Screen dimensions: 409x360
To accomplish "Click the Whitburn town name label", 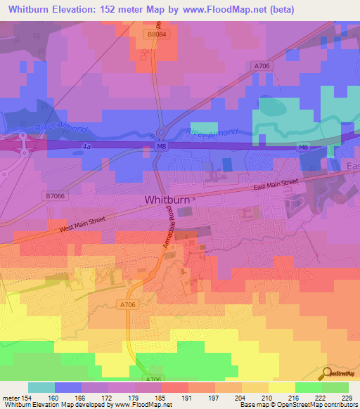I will tap(167, 200).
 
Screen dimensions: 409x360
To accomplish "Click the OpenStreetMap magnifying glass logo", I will tap(327, 372).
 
